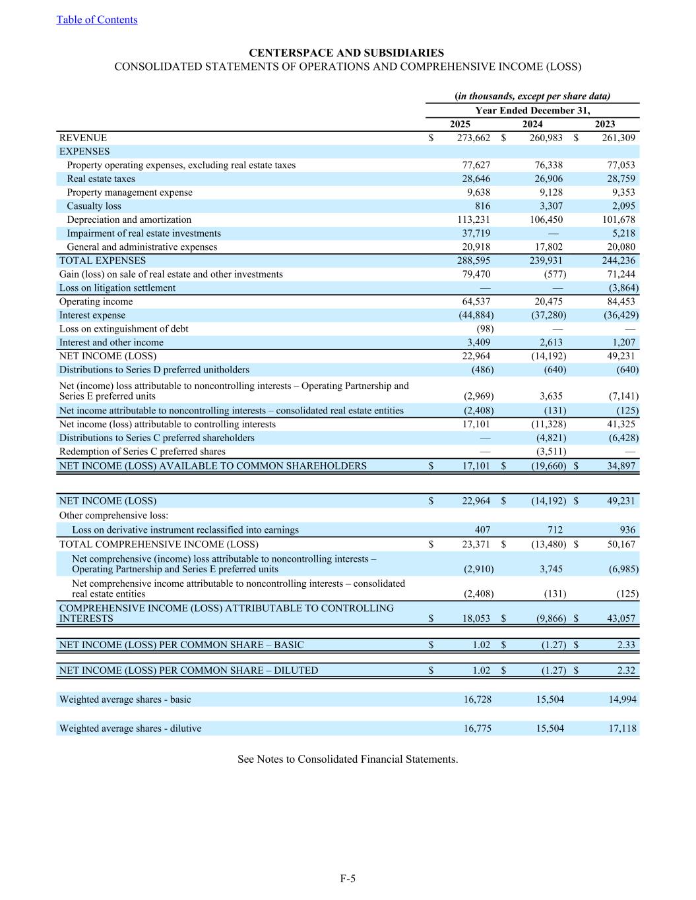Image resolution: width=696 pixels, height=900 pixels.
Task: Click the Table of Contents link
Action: [97, 20]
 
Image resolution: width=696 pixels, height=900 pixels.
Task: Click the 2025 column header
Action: [460, 124]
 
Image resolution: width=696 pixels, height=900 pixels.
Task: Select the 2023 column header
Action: [605, 124]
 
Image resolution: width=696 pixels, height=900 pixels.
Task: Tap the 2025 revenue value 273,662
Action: [474, 138]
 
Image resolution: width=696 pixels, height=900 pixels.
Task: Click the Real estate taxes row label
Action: [101, 179]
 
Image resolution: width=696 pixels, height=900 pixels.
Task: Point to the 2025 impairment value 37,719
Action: [476, 233]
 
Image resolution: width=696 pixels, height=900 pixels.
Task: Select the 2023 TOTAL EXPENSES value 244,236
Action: [619, 260]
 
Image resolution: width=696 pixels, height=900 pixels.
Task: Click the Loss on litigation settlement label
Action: [117, 288]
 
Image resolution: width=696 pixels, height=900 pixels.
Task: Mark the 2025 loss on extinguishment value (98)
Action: [485, 329]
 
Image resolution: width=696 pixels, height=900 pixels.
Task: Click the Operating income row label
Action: [96, 302]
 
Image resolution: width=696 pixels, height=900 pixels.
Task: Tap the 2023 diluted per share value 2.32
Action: [626, 671]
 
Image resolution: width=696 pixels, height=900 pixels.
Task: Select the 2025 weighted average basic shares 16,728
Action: [478, 700]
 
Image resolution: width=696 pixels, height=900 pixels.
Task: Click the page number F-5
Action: [348, 878]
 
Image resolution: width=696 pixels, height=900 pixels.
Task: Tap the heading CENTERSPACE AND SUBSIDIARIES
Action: [346, 53]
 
